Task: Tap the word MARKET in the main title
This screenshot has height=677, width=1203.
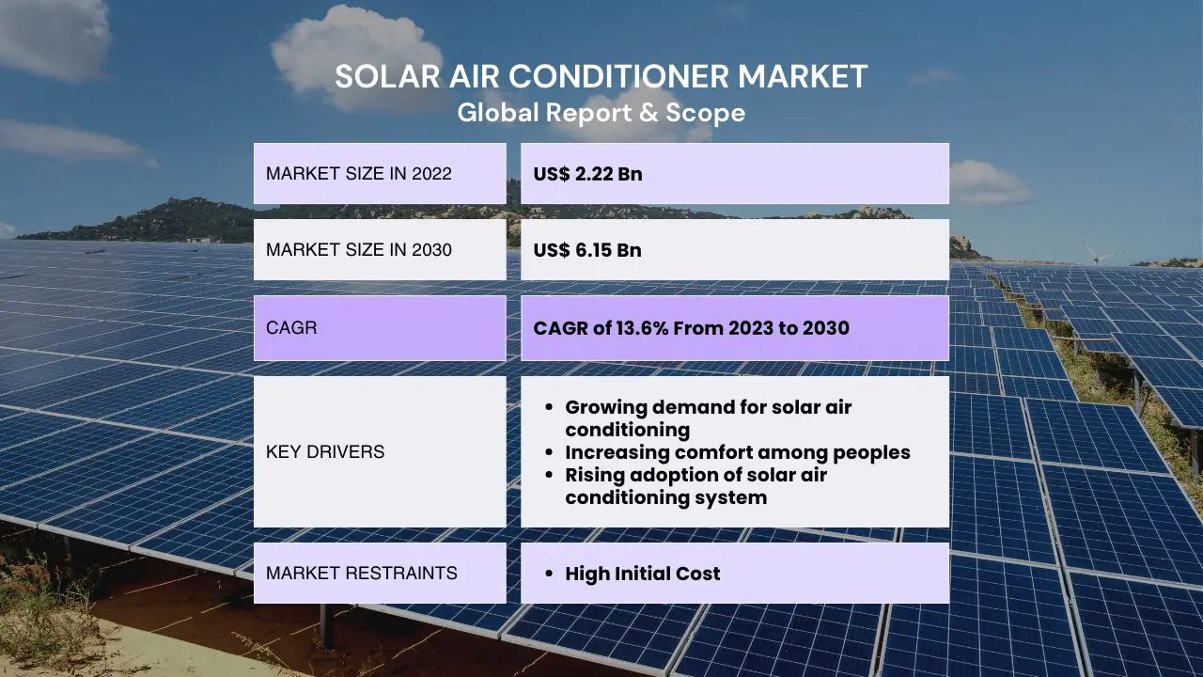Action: point(803,76)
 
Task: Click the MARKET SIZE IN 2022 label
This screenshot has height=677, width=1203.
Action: point(359,174)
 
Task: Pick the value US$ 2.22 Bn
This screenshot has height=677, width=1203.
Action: point(587,174)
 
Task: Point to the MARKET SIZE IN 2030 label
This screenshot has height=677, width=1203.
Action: point(359,250)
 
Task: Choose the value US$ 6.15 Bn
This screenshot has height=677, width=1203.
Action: point(587,250)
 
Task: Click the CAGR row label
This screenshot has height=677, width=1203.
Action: point(291,328)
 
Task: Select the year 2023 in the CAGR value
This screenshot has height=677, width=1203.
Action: point(751,328)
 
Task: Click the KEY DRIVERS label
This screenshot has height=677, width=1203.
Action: point(325,452)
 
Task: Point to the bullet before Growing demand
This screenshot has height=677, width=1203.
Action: point(548,407)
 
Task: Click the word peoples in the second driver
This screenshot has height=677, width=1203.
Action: point(871,453)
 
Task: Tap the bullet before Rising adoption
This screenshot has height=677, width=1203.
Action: point(548,475)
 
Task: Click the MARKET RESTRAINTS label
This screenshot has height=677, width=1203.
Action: point(362,574)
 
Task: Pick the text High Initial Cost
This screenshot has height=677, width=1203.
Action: point(642,574)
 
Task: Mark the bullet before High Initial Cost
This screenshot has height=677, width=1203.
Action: point(548,574)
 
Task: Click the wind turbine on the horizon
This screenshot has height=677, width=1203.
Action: point(1094,251)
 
